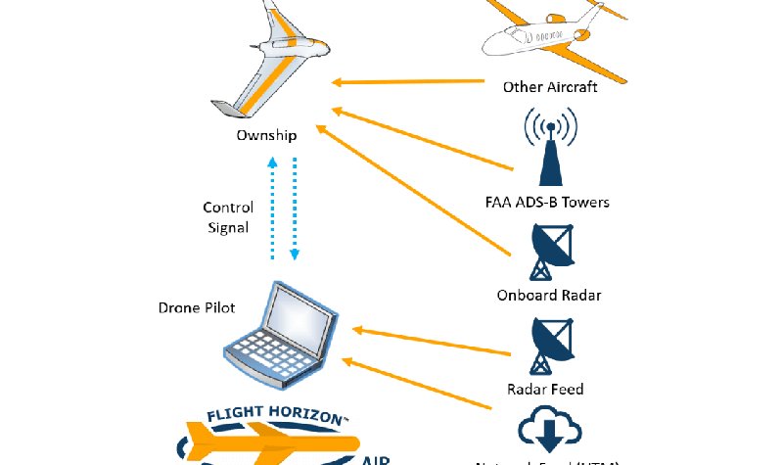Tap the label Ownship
[266, 135]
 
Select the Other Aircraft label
[550, 87]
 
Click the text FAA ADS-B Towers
[547, 203]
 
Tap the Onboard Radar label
[549, 295]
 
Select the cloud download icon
[549, 430]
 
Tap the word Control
[228, 208]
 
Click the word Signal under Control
[228, 227]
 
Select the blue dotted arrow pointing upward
[273, 210]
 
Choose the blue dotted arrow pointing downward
[294, 210]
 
